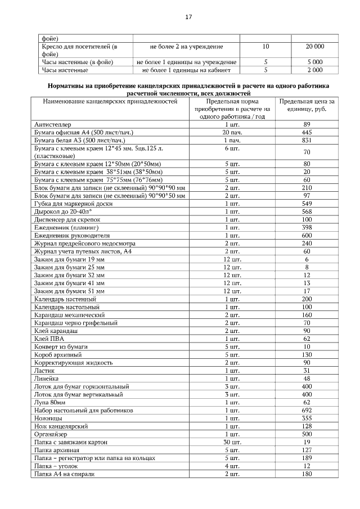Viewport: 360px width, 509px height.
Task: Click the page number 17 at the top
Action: pos(188,17)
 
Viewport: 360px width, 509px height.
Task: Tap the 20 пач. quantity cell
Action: pos(232,132)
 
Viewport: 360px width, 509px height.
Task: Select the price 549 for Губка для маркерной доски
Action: pos(307,203)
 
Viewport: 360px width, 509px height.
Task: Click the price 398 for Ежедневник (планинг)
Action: pos(307,227)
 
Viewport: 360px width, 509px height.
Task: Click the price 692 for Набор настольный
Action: pos(307,411)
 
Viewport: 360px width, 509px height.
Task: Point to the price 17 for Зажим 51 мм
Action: pos(307,291)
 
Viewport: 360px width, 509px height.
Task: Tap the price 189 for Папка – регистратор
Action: pos(307,458)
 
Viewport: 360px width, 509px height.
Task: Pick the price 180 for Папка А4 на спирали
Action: pos(307,474)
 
